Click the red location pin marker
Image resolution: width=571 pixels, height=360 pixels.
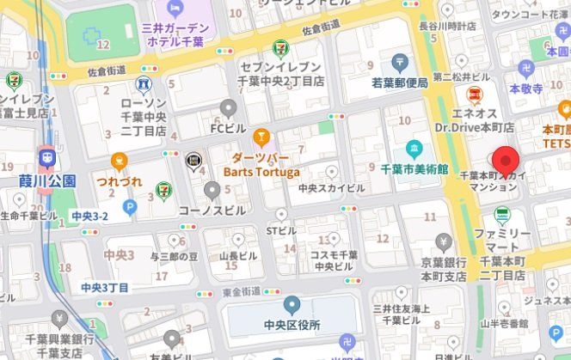point(504,161)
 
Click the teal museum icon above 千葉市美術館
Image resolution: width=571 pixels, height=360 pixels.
point(414,148)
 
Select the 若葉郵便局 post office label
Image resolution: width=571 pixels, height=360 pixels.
point(399,82)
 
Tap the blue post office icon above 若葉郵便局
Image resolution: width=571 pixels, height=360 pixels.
point(399,62)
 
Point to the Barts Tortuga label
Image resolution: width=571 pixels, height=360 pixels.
point(261,169)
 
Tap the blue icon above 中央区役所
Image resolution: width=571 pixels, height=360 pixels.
point(292,303)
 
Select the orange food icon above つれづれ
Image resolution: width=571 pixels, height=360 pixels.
point(119,160)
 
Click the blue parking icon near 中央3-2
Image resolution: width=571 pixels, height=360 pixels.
point(129,207)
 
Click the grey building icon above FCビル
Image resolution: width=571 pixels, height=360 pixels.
point(228,107)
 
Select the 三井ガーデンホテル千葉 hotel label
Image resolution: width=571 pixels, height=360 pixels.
point(175,34)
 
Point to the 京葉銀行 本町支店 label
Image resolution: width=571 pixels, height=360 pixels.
point(443,270)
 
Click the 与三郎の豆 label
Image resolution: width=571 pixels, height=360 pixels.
point(175,255)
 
